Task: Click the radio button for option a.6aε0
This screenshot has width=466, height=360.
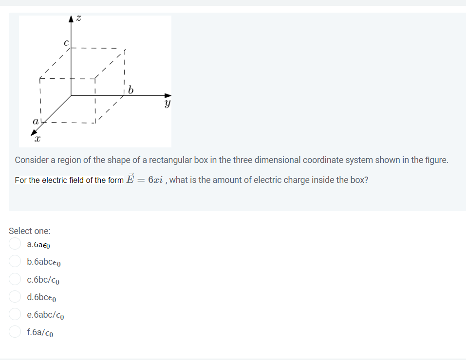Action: pyautogui.click(x=15, y=244)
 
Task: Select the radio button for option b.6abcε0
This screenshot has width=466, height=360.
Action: pyautogui.click(x=15, y=261)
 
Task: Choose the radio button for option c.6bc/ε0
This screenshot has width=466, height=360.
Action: pyautogui.click(x=15, y=279)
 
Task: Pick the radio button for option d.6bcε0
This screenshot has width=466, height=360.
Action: pyautogui.click(x=15, y=297)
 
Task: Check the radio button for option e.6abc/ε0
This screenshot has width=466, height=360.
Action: pyautogui.click(x=15, y=314)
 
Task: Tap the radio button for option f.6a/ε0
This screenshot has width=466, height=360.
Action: pyautogui.click(x=15, y=332)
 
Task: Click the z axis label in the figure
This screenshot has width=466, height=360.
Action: pyautogui.click(x=79, y=18)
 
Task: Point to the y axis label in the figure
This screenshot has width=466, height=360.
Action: pyautogui.click(x=168, y=104)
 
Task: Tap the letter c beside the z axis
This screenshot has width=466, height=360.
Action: pyautogui.click(x=67, y=42)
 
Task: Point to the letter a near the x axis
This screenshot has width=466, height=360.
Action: pyautogui.click(x=35, y=120)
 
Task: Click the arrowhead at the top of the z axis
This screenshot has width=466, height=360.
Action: pyautogui.click(x=72, y=19)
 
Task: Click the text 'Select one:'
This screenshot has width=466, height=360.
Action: pyautogui.click(x=29, y=231)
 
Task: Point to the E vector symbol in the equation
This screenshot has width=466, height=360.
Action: pyautogui.click(x=130, y=179)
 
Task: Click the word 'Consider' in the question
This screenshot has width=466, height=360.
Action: pyautogui.click(x=32, y=160)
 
